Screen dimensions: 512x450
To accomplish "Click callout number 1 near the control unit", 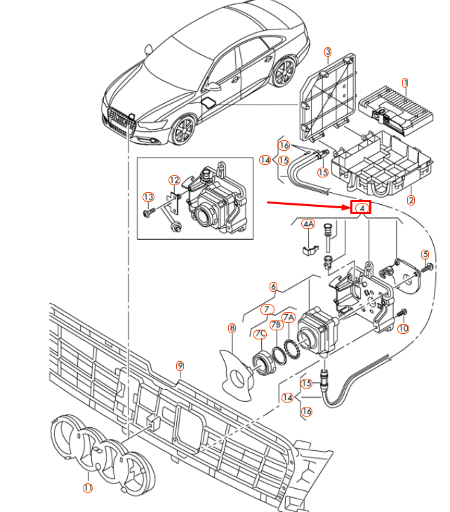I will (404, 83).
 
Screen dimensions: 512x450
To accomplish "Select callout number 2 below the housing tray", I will (411, 200).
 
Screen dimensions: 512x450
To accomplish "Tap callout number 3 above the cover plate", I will (327, 52).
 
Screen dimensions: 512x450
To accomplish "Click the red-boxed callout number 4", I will (361, 208).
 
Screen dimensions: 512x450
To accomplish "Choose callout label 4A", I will (308, 224).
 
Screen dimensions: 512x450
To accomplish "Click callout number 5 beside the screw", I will (425, 254).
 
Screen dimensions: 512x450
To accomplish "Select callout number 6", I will (273, 286).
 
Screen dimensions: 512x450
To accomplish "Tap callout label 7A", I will (288, 318).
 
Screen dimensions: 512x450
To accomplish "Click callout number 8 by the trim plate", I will (232, 328).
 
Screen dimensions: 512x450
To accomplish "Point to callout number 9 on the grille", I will (180, 365).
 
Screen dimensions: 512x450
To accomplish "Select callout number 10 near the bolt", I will (403, 328).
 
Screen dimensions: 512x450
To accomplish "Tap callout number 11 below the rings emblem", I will (88, 487).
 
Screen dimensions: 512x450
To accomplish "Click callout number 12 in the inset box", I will (174, 180).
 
